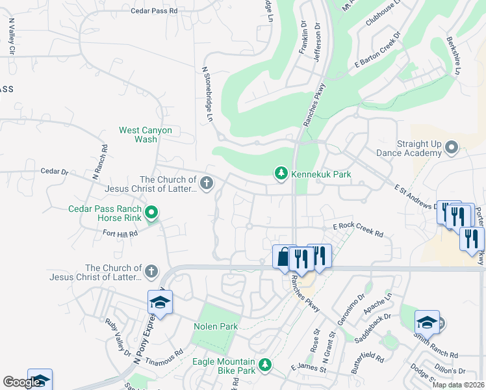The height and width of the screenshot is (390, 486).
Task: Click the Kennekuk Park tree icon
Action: [x=281, y=174]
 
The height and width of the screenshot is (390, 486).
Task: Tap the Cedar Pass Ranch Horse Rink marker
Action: [x=151, y=213]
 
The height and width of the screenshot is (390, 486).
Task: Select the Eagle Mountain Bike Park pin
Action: [x=264, y=366]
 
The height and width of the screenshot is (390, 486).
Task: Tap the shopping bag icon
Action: [x=283, y=257]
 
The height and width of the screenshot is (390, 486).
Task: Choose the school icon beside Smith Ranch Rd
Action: [x=426, y=322]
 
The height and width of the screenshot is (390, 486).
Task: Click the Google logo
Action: [x=21, y=382]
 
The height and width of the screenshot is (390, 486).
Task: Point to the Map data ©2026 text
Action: [x=457, y=385]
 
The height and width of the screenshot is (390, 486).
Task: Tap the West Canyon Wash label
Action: [x=146, y=135]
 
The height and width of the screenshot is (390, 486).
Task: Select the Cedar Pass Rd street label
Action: [x=154, y=11]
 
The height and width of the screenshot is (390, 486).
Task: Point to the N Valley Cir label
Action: [x=11, y=36]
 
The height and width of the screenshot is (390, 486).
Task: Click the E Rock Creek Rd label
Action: [x=358, y=229]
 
